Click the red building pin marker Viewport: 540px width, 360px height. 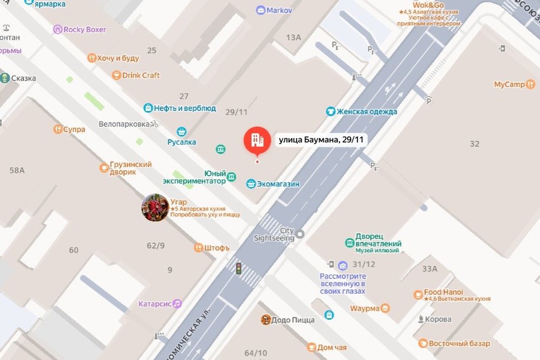point(257,140)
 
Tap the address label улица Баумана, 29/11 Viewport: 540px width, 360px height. point(323,140)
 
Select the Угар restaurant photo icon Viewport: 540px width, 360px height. point(155,207)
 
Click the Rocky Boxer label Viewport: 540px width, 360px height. point(84,29)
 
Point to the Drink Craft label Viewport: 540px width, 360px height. point(141,75)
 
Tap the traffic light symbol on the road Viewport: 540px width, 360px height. point(238,268)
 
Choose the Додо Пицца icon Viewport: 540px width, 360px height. point(265,320)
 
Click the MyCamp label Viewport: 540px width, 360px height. point(510,84)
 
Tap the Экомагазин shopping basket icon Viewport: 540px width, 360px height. point(250,184)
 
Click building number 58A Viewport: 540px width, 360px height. point(17,170)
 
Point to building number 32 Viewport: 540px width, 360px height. point(475,144)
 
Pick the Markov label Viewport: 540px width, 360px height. point(279,10)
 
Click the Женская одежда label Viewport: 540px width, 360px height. point(367,111)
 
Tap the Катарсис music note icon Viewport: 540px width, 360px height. point(178,303)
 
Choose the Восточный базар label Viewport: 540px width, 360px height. point(460,343)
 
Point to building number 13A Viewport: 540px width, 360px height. point(294,37)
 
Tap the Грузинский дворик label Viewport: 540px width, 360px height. point(131,168)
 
